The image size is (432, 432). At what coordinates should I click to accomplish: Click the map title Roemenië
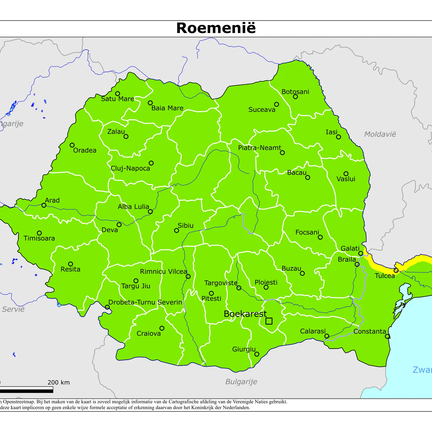click(216, 28)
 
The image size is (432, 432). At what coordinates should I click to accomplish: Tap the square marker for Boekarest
click(269, 321)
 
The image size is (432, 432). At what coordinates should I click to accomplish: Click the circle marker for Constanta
click(387, 336)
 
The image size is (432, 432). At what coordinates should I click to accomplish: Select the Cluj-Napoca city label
click(130, 168)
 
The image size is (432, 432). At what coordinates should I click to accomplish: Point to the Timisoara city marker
click(39, 233)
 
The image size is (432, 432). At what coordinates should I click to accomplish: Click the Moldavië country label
click(380, 134)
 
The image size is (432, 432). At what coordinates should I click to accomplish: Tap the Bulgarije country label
click(241, 382)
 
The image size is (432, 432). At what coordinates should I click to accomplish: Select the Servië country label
click(13, 309)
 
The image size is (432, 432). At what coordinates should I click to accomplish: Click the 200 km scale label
click(59, 382)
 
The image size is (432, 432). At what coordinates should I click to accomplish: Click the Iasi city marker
click(338, 137)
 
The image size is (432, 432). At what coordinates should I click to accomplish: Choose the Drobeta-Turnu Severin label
click(145, 302)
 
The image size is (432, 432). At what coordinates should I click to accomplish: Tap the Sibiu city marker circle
click(177, 230)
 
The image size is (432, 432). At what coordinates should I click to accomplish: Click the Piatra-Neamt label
click(259, 148)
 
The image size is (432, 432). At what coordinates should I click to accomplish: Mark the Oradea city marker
click(72, 145)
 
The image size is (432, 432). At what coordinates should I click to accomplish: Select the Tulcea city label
click(384, 276)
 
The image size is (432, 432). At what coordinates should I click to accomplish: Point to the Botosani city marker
click(295, 96)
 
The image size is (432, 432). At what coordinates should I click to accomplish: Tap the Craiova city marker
click(162, 328)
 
